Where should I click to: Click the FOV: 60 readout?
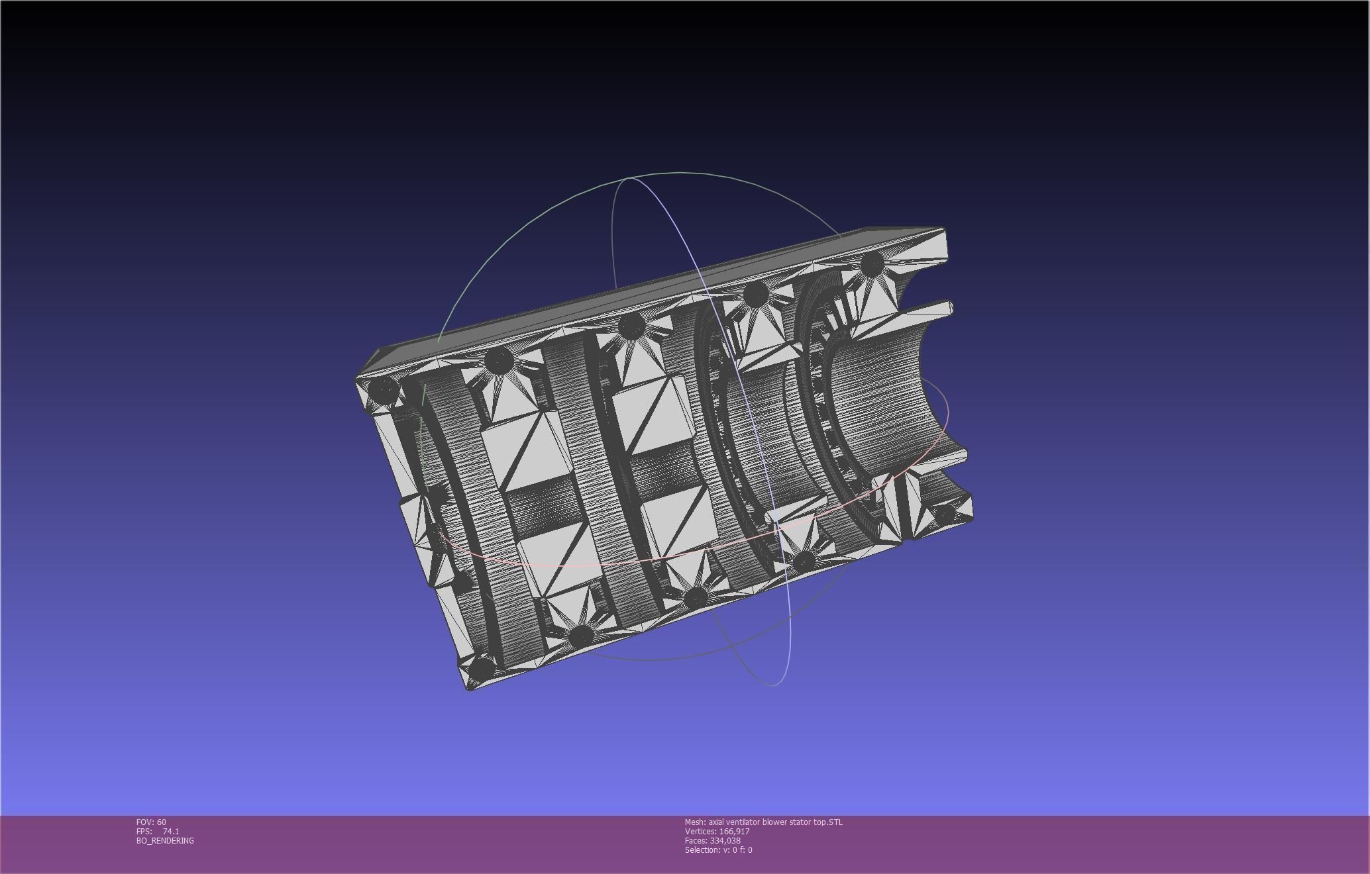point(151,822)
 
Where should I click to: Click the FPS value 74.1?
point(170,831)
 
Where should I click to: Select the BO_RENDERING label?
point(165,840)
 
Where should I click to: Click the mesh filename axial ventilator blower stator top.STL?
point(763,822)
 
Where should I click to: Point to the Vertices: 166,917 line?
point(717,831)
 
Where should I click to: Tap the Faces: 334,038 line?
point(712,840)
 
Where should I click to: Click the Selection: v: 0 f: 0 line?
point(718,850)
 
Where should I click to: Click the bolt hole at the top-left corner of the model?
point(383,391)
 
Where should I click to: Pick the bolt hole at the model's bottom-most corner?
point(482,667)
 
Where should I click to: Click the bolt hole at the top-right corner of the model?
point(872,264)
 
